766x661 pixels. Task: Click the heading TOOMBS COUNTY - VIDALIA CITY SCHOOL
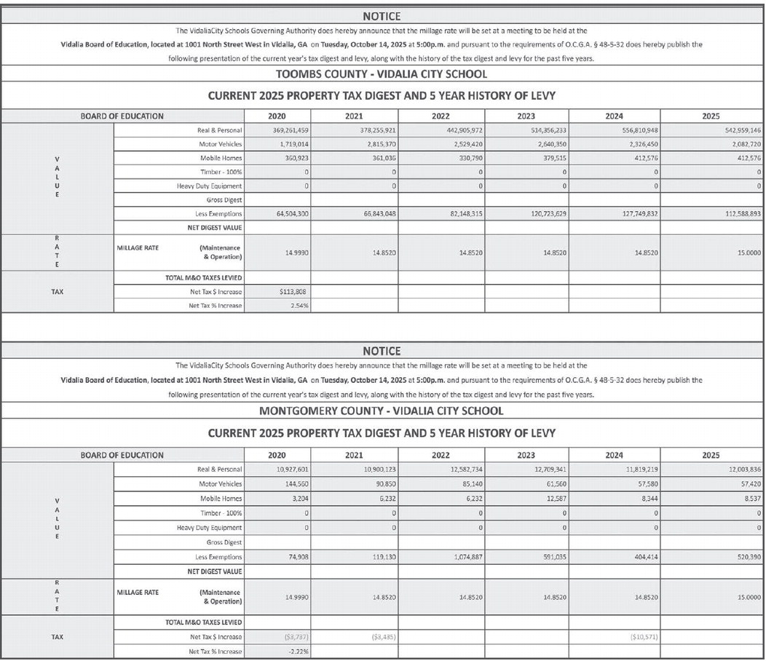point(381,74)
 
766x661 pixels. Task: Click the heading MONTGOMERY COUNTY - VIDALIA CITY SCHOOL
point(381,411)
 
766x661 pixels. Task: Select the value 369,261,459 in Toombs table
point(289,130)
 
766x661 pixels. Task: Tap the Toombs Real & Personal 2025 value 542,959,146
point(736,130)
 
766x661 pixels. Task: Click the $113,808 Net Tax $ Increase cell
point(295,291)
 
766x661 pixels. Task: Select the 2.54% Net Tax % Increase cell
point(299,305)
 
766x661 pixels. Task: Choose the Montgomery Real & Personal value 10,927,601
point(291,470)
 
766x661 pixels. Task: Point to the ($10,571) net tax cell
point(644,636)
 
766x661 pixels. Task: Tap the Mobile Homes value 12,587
point(554,499)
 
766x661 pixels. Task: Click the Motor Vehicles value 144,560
point(295,484)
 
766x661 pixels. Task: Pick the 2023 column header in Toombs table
point(526,116)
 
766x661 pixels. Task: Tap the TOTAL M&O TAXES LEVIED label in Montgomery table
point(204,622)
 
